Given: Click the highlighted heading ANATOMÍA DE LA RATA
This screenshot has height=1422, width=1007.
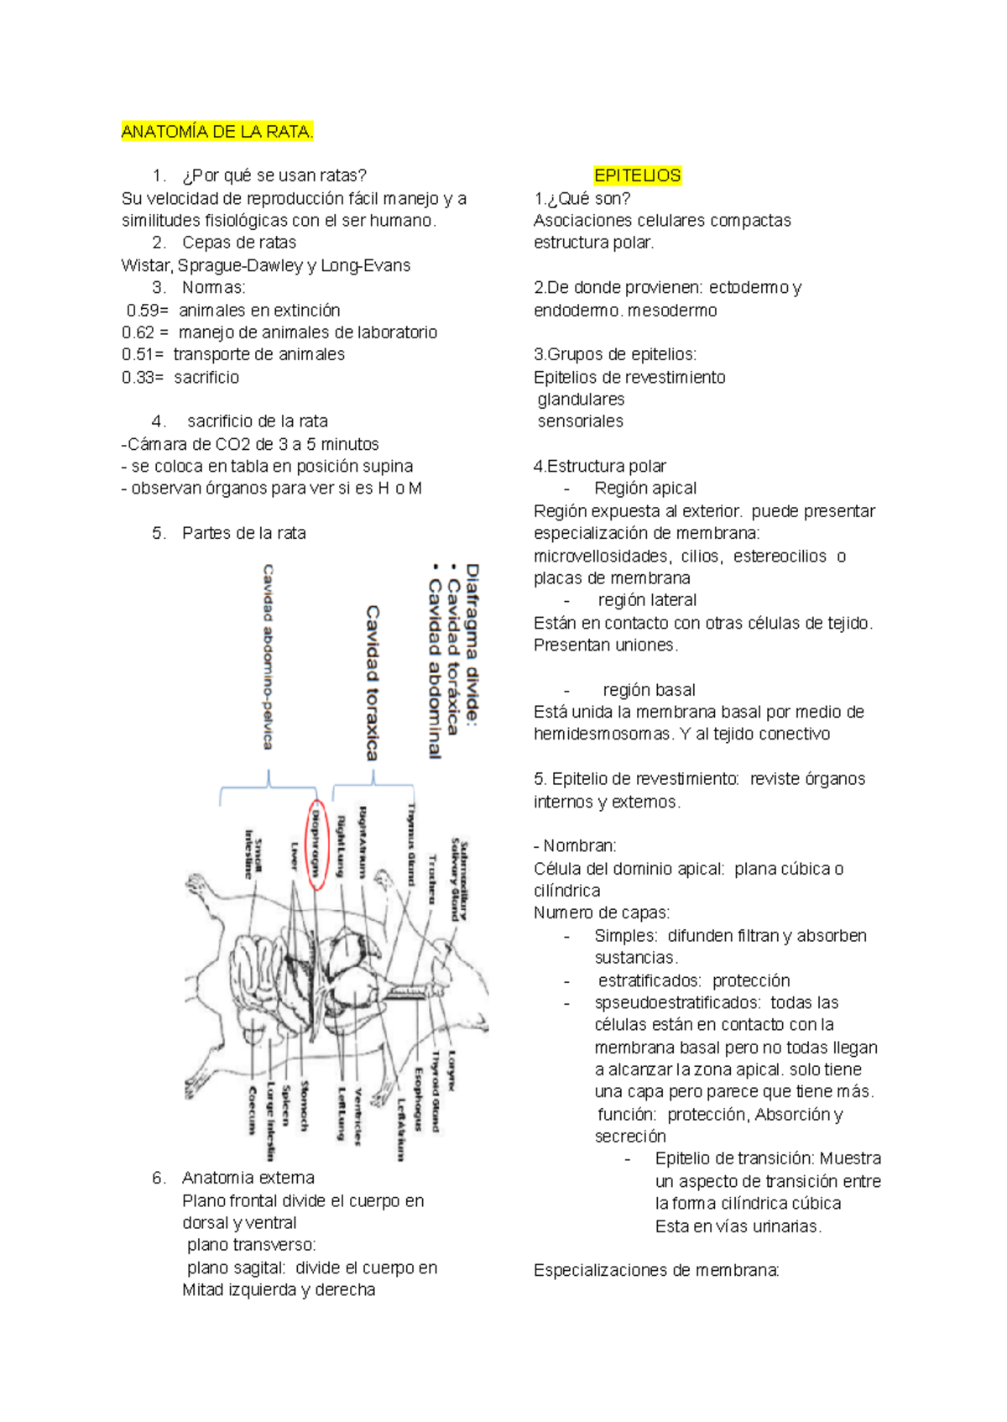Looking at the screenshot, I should pyautogui.click(x=217, y=132).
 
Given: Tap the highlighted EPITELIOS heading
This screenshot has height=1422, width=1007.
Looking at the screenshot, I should pyautogui.click(x=637, y=175).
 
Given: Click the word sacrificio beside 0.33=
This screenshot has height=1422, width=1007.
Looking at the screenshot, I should pyautogui.click(x=206, y=377).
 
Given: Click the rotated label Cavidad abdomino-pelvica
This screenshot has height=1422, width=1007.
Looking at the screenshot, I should pyautogui.click(x=269, y=656).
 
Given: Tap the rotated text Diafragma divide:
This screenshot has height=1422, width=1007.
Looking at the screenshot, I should pyautogui.click(x=472, y=643).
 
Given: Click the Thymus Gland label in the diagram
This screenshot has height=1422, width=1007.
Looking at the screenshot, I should pyautogui.click(x=411, y=843).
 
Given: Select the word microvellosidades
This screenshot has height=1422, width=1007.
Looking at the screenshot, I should pyautogui.click(x=601, y=556).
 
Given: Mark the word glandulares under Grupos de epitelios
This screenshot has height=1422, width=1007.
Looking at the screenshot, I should pyautogui.click(x=581, y=399).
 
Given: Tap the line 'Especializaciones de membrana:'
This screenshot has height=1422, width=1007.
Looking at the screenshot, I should pyautogui.click(x=656, y=1270).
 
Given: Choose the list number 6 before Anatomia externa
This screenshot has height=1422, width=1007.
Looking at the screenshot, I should pyautogui.click(x=159, y=1178).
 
